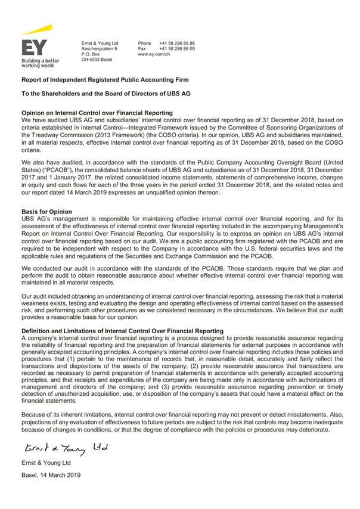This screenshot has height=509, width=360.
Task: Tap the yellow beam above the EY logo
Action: tap(38, 30)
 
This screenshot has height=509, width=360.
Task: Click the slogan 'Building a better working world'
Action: tap(40, 63)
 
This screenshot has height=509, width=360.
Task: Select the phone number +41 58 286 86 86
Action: tap(177, 44)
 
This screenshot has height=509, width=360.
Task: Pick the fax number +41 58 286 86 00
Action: tap(177, 49)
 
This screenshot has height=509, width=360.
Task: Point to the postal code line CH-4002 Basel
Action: tap(97, 60)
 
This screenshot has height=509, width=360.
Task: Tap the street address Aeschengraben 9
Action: tap(99, 49)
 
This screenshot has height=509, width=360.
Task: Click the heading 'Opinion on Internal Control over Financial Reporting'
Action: tap(97, 113)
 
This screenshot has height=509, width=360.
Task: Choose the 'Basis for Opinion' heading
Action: tap(46, 212)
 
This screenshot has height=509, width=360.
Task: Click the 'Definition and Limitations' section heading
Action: tap(122, 330)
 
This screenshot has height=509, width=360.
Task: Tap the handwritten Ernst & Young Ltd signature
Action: tap(65, 447)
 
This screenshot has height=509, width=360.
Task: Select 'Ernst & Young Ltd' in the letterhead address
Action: tap(100, 44)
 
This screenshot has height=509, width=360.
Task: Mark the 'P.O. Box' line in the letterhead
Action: tap(91, 54)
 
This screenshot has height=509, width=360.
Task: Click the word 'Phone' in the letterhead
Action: tap(145, 44)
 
